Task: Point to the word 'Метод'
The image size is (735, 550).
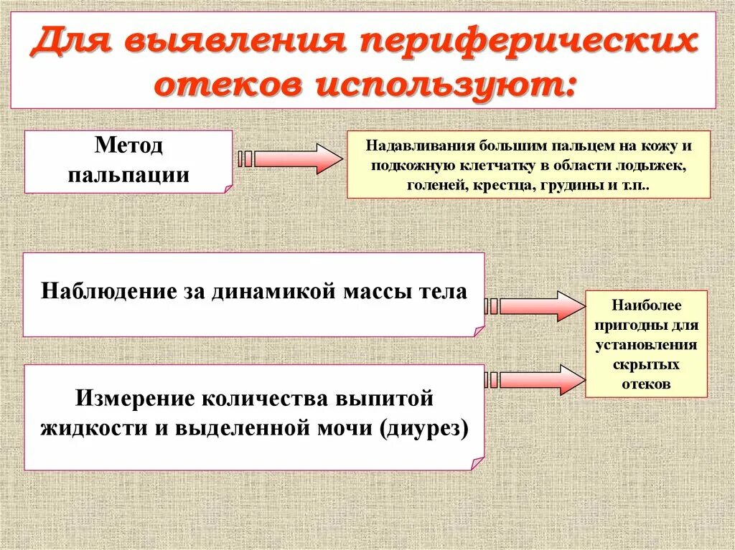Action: tap(128, 146)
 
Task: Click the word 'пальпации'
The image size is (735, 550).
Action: tap(128, 174)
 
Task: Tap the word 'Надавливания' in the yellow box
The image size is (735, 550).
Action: tap(411, 146)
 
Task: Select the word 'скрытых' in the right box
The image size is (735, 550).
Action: tap(646, 364)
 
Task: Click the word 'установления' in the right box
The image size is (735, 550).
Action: tap(646, 345)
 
